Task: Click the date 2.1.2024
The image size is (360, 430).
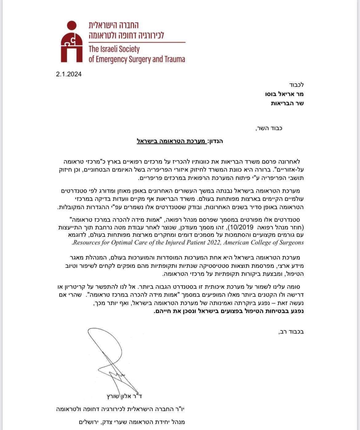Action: click(x=69, y=74)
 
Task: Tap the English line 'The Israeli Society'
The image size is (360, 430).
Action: click(x=114, y=49)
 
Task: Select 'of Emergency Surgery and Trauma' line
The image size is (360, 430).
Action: click(x=137, y=59)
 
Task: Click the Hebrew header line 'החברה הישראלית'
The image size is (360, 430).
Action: click(x=114, y=26)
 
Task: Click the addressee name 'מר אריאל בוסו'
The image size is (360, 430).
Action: click(x=285, y=94)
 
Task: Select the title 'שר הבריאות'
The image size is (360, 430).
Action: click(x=287, y=103)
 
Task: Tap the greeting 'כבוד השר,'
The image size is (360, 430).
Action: click(x=269, y=128)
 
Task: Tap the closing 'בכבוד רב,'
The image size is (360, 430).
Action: click(x=291, y=332)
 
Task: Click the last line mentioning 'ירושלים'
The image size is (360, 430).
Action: click(x=120, y=422)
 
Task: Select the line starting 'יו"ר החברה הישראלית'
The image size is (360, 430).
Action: click(x=121, y=409)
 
